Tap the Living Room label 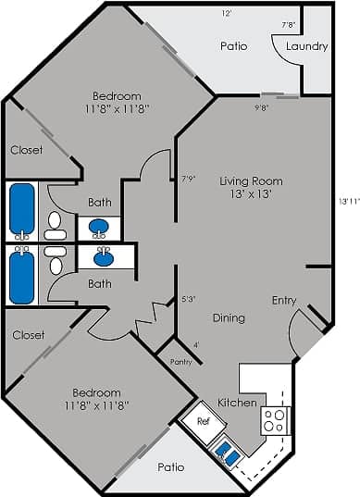point(251,181)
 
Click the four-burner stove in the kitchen point(275,421)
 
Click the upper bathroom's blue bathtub point(21,210)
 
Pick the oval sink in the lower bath point(104,259)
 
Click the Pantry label point(181,362)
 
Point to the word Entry point(284,300)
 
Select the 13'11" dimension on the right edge point(348,201)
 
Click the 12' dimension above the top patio point(227,14)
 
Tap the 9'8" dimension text point(263,107)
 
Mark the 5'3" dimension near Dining point(189,299)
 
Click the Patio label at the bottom point(170,467)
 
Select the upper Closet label point(26,149)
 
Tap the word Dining point(228,317)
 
